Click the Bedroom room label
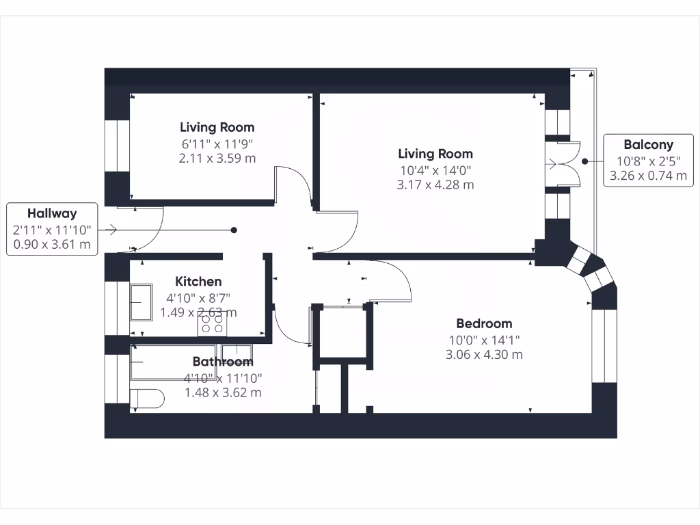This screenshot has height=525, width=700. coord(484,323)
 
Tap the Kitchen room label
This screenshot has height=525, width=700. coord(198,282)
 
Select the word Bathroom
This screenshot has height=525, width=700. coord(223,362)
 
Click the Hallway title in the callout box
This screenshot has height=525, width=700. coord(52,214)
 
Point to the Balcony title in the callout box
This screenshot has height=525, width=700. coord(648,145)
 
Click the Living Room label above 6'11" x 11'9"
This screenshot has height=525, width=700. coord(217,127)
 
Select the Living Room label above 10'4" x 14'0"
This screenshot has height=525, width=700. coord(435,154)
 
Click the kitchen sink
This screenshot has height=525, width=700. coord(143,303)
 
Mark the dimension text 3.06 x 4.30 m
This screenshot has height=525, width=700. coord(484,355)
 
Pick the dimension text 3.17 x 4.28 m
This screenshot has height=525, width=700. coord(435,185)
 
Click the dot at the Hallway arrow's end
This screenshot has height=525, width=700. coord(234,230)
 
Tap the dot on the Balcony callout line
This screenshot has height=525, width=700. coord(585,162)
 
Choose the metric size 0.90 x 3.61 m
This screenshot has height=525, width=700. coord(52,245)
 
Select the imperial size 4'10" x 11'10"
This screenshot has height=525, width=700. coord(223,377)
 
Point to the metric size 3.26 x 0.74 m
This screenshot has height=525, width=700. coord(648,176)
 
